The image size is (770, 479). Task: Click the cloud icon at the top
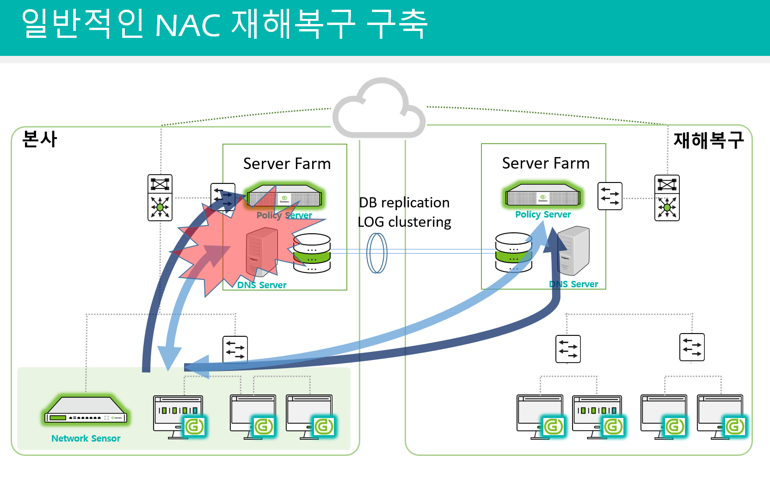click(379, 109)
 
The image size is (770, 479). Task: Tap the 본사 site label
click(40, 139)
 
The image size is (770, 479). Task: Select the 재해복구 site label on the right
click(708, 140)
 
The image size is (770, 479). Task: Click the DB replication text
click(404, 203)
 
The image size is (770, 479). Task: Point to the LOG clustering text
click(404, 222)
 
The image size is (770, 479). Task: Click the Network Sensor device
click(86, 412)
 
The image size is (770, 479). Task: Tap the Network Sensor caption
click(86, 438)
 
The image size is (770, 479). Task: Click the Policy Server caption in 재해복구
click(543, 214)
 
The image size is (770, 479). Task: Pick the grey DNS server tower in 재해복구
click(574, 250)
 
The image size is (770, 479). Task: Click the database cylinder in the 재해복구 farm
click(513, 252)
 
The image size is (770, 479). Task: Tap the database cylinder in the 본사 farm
click(312, 253)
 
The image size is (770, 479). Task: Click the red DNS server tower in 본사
click(262, 252)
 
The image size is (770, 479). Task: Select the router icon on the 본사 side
click(160, 198)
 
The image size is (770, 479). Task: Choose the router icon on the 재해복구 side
click(667, 198)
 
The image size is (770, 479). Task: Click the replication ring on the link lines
click(377, 253)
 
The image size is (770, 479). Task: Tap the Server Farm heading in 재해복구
click(546, 164)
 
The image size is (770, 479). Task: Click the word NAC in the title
click(188, 25)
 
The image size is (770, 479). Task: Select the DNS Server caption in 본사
click(262, 285)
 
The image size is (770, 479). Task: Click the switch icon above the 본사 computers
click(235, 350)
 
